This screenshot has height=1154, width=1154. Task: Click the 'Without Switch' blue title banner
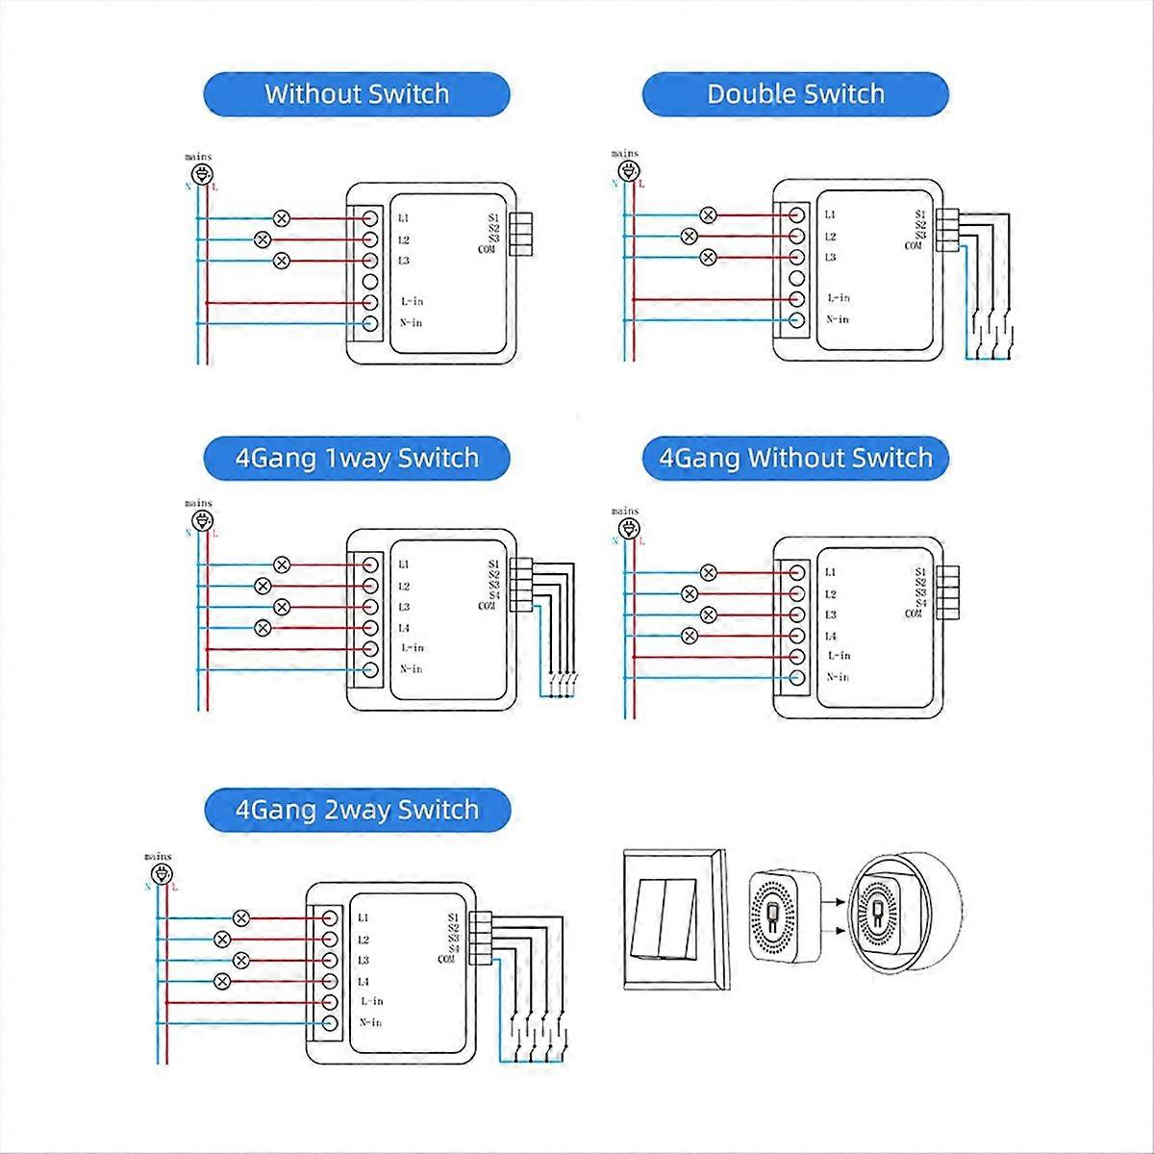[357, 94]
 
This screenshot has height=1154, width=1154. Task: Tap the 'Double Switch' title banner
[795, 94]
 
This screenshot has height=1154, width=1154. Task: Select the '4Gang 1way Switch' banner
[357, 457]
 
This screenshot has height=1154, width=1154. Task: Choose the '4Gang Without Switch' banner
[795, 457]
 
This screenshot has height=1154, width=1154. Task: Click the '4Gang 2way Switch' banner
[357, 809]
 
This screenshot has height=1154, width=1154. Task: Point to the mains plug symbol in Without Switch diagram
[201, 174]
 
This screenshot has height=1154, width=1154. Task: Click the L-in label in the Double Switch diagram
[838, 299]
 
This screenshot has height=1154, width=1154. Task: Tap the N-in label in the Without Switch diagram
[411, 323]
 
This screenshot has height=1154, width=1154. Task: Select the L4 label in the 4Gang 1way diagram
[404, 628]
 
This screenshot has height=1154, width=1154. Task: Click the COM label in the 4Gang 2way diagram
[446, 959]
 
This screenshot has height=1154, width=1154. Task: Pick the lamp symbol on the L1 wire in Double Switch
[709, 214]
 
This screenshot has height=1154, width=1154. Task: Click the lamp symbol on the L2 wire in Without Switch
[262, 239]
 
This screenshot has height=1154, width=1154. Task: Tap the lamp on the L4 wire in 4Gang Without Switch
[689, 635]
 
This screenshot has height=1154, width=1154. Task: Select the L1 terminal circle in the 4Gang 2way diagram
[329, 918]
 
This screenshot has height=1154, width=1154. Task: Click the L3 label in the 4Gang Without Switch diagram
[831, 615]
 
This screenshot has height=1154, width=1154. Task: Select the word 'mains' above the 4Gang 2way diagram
[158, 856]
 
